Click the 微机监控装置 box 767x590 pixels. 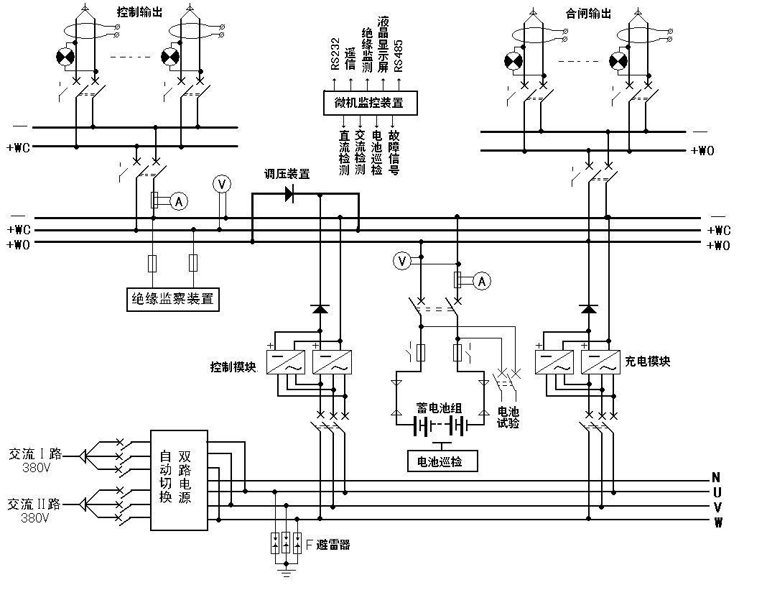[x=368, y=103]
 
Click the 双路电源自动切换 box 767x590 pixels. [x=179, y=480]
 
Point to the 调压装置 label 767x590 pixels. [x=287, y=174]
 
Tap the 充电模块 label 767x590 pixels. [x=649, y=361]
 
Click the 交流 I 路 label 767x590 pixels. [x=35, y=454]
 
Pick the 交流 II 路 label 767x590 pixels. [x=35, y=504]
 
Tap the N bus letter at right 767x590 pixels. [x=716, y=478]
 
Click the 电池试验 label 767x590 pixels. [x=508, y=418]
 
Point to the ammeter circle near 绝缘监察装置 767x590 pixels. [x=179, y=203]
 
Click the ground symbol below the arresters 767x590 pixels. [x=286, y=573]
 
